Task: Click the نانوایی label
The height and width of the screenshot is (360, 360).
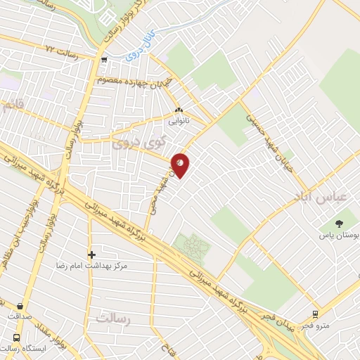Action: pos(176,120)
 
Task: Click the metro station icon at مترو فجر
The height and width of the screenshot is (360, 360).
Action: pos(315,314)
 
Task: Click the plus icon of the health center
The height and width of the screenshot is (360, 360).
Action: pos(91,255)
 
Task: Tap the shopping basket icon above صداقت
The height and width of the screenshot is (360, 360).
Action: pos(19,306)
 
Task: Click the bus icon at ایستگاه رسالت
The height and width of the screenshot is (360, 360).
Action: pos(16,337)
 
